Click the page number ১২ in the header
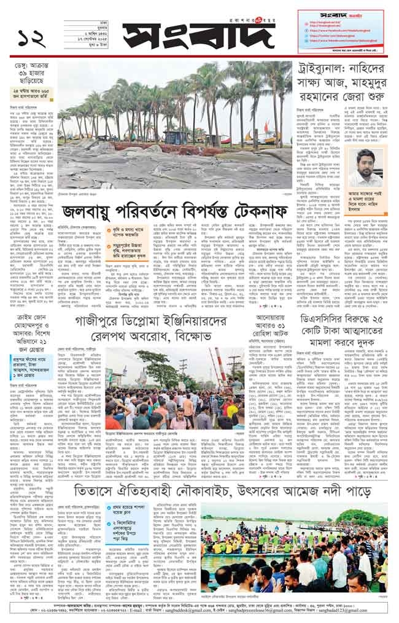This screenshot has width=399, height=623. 30,36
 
